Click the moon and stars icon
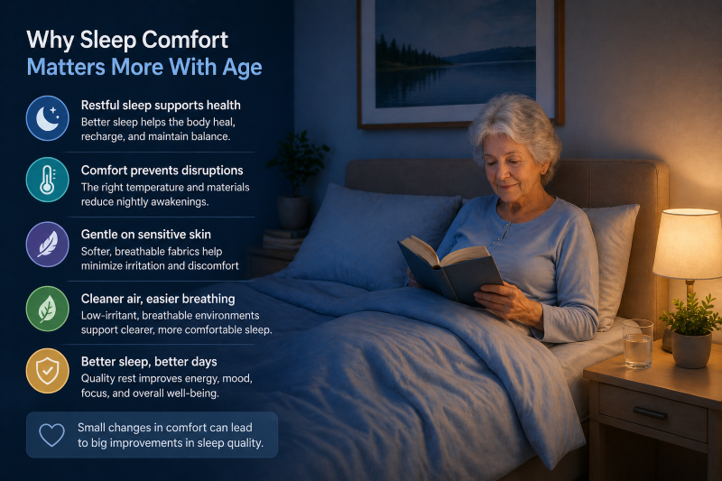48,118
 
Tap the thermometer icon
48,180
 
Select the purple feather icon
48,244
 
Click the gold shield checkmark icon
48,369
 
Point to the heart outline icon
52,435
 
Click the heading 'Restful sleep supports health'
161,106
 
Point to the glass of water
637,344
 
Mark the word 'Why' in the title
51,40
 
